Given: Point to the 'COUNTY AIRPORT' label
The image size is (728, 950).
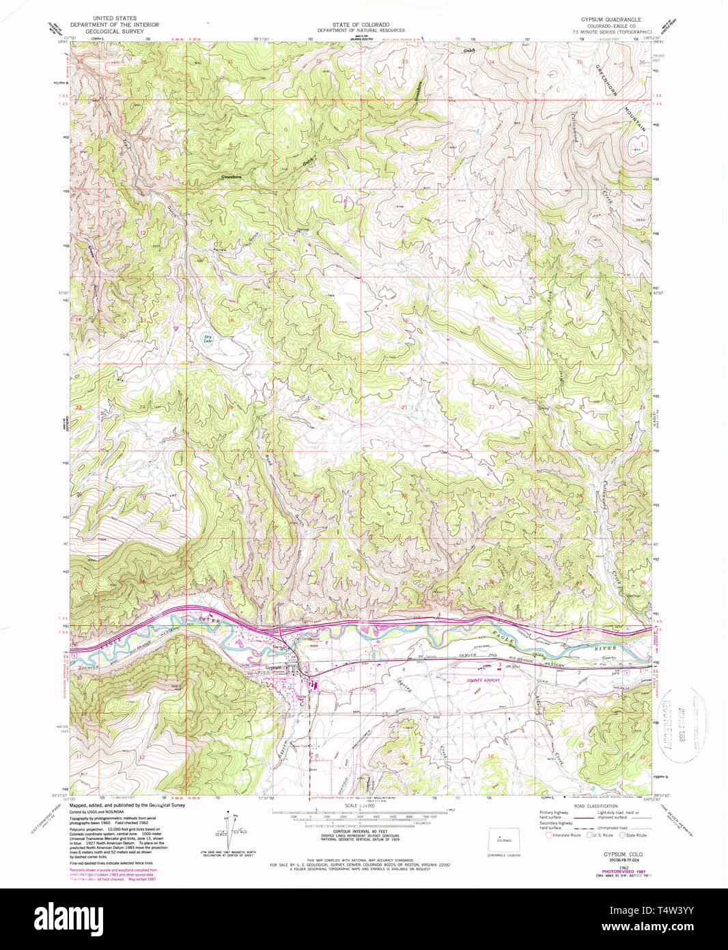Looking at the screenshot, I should [x=484, y=680].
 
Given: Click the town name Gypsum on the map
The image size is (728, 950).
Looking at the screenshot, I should [x=275, y=668].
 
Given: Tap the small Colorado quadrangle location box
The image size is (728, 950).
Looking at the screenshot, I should [x=505, y=840].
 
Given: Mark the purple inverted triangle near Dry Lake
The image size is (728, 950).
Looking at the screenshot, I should [x=176, y=327].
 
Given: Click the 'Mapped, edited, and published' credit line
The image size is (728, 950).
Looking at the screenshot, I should [x=126, y=805].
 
